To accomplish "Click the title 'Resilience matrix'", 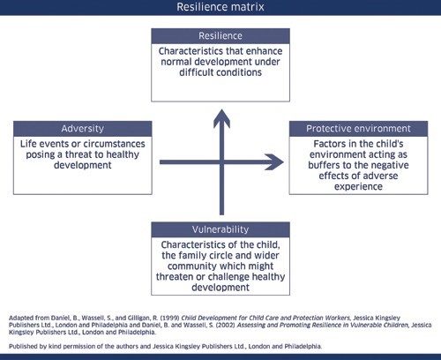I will (220, 7).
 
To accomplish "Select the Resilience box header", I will (220, 36).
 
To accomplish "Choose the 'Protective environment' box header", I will (358, 128).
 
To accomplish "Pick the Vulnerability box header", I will (220, 229).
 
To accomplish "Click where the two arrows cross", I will (220, 162).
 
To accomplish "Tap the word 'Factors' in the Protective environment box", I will (325, 143).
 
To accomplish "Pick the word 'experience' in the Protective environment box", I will (358, 189).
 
